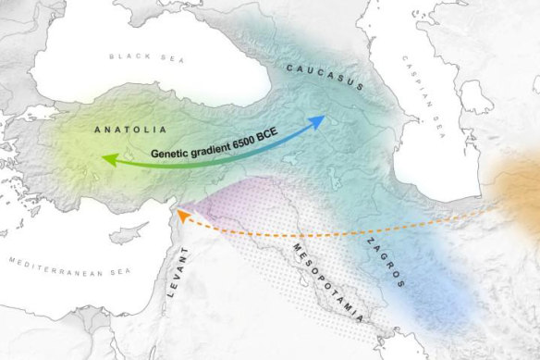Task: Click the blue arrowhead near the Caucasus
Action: point(318,120)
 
